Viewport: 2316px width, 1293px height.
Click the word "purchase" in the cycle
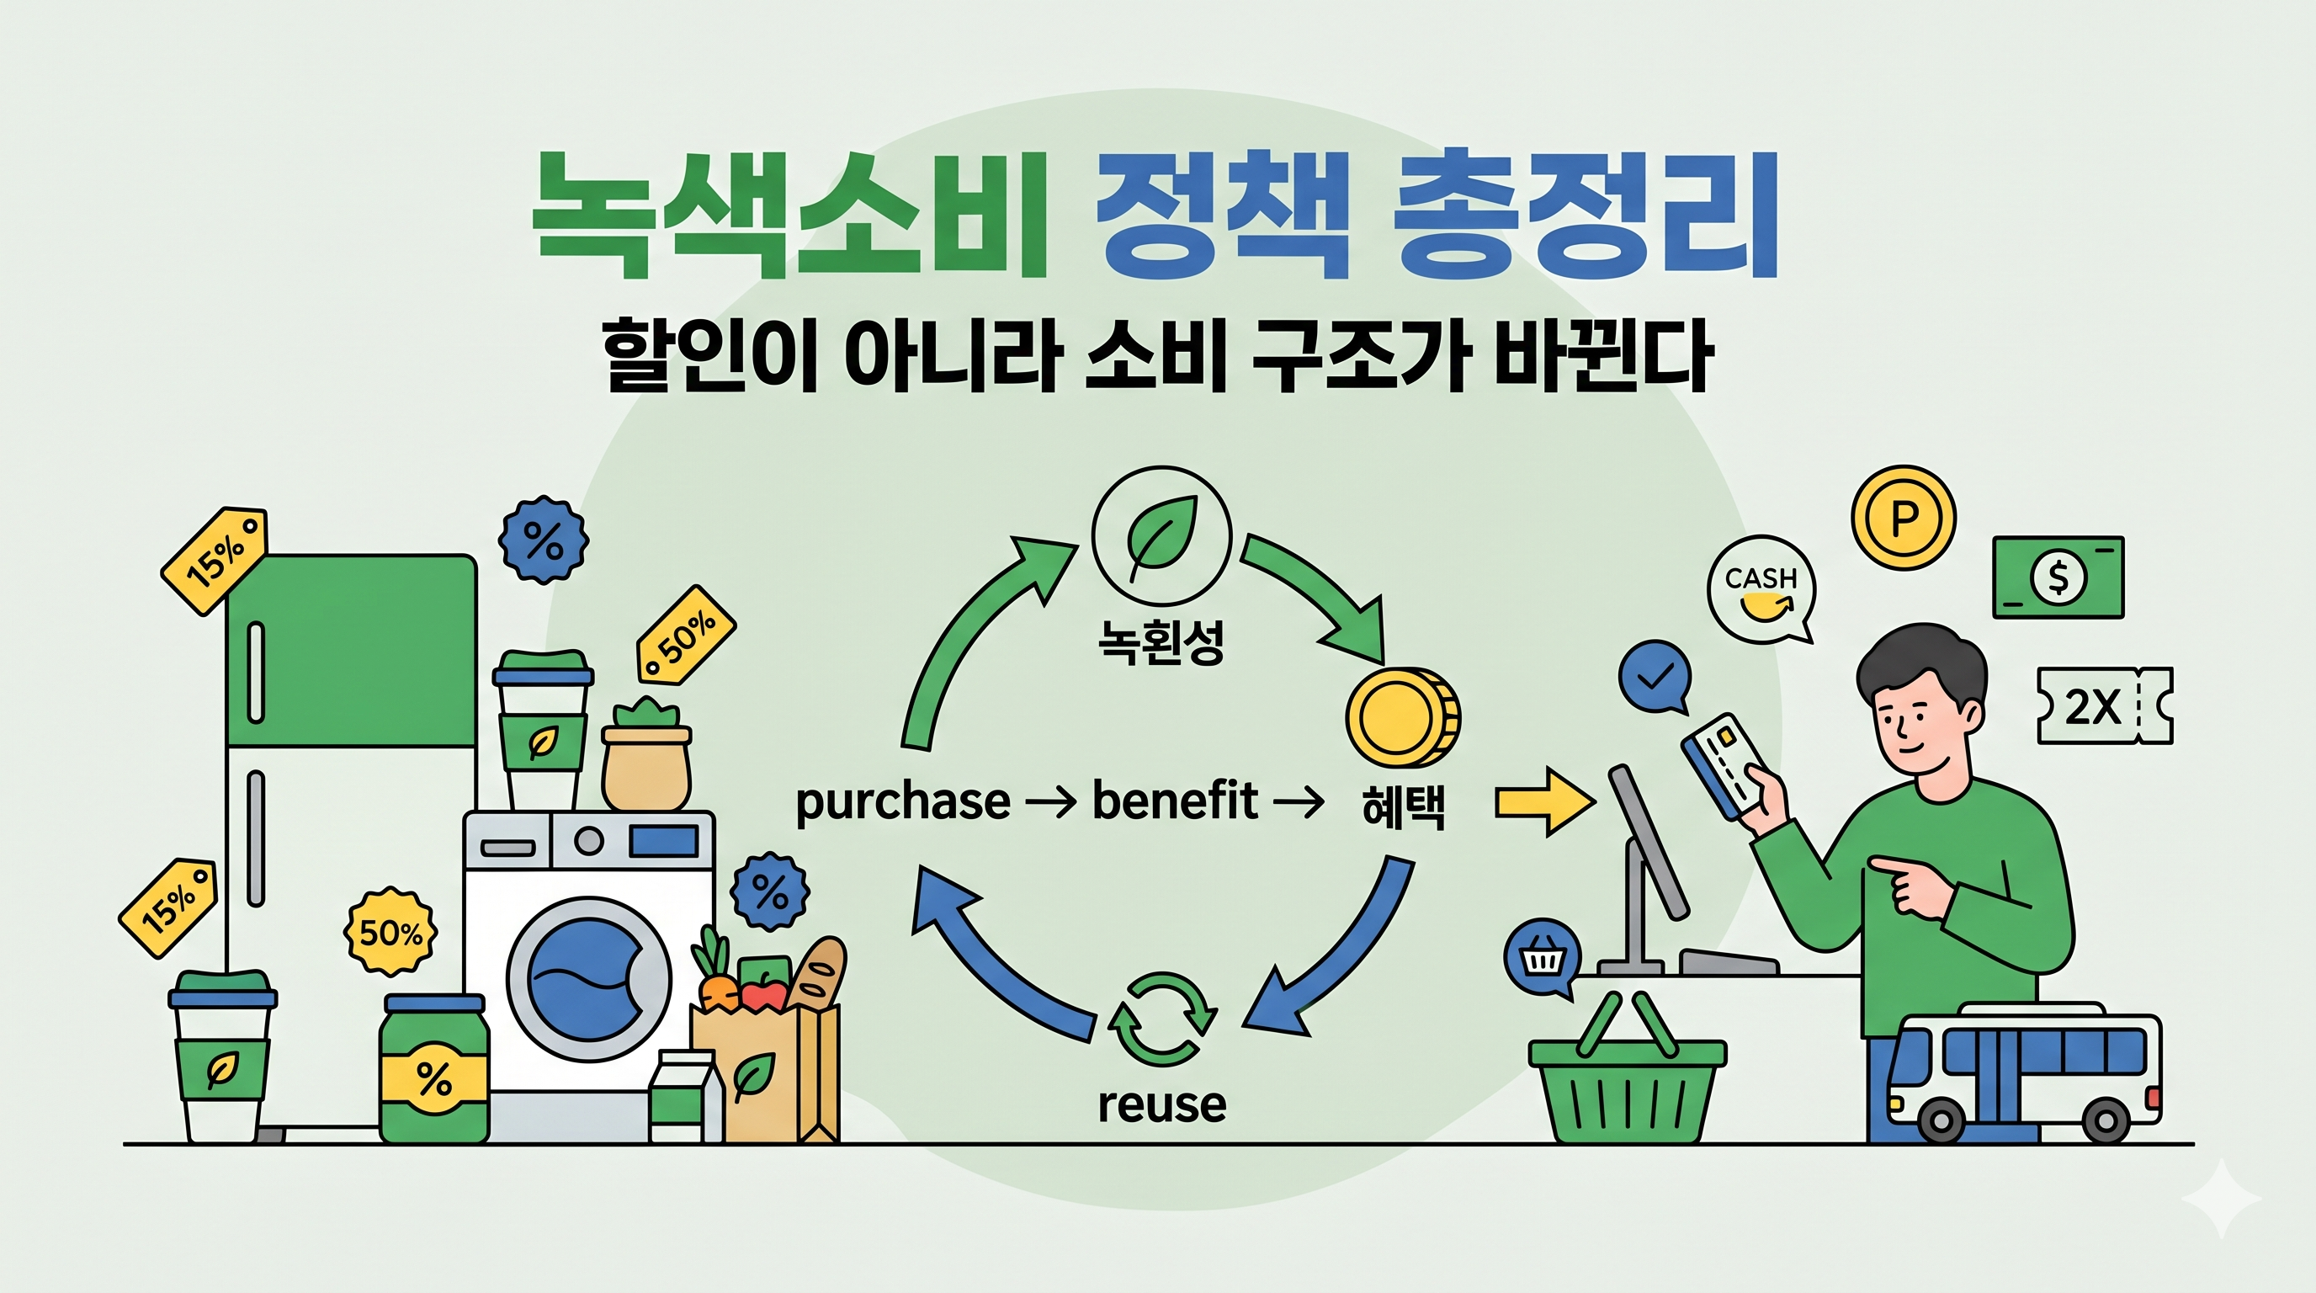point(903,802)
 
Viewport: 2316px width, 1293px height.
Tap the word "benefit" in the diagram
point(1174,801)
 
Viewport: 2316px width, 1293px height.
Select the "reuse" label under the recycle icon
point(1161,1105)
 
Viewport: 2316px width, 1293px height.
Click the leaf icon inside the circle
point(1161,537)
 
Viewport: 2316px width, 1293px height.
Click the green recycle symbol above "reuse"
point(1161,1019)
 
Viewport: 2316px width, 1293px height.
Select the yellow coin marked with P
point(1904,518)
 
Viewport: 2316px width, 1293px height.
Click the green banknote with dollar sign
point(2058,577)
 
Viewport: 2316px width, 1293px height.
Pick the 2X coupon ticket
point(2104,705)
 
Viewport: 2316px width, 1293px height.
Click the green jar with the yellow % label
point(434,1070)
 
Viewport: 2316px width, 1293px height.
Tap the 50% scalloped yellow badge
point(391,933)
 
